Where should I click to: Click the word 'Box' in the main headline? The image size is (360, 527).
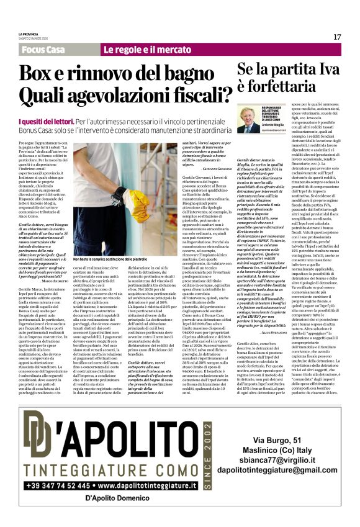[x=41, y=74]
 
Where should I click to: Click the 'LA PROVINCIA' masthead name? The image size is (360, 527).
[x=29, y=34]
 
